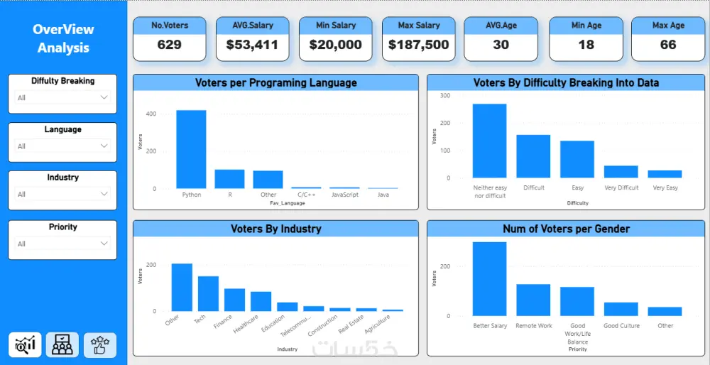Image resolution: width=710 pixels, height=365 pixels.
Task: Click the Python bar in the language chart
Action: coord(191,149)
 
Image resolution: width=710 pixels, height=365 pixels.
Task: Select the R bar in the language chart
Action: coord(229,179)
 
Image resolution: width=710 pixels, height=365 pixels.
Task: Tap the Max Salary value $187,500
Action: coord(418,45)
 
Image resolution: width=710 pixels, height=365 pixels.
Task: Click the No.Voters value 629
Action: coord(169,45)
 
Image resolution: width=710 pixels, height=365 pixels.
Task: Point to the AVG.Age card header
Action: coord(501,26)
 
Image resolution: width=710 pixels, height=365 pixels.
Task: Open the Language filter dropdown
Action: coord(62,146)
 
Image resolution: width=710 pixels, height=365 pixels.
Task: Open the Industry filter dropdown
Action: coord(62,194)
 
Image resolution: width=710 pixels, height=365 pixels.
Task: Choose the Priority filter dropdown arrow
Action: coord(104,244)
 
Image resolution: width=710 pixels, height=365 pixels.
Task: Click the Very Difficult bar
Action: coord(621,172)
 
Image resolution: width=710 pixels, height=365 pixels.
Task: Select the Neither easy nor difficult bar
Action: coord(490,141)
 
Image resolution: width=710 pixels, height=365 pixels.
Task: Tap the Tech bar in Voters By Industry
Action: coord(208,293)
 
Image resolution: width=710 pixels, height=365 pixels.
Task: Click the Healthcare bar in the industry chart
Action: coord(261,301)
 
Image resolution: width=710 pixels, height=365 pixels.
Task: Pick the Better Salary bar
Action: coord(490,279)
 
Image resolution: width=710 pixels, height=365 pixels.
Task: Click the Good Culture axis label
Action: coord(621,326)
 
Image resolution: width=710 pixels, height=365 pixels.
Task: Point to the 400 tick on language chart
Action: coord(151,114)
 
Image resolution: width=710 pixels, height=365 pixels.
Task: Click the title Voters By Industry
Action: coord(275,229)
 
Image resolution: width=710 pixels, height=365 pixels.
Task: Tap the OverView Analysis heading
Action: coord(63,38)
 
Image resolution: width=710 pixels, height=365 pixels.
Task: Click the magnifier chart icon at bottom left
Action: coord(25,344)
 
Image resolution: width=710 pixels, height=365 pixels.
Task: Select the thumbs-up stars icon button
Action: coord(99,344)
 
